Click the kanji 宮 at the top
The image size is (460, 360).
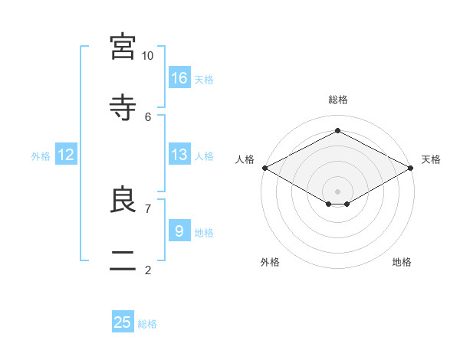123,46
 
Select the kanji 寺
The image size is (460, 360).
123,107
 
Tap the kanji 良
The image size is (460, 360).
123,199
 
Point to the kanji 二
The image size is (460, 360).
123,260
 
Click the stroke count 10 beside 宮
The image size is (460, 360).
147,56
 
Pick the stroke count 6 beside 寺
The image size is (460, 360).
148,117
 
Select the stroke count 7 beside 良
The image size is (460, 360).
148,209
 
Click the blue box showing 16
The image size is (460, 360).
179,77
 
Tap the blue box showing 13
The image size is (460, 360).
179,154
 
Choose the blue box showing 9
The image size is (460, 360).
179,230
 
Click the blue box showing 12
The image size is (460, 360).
66,154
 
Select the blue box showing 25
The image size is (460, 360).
123,321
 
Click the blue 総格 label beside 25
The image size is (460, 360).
147,324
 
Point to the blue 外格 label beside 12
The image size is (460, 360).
41,156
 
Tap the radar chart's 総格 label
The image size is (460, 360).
338,100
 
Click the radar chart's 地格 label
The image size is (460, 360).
402,262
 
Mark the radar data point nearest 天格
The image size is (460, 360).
411,168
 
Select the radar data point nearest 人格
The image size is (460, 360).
265,168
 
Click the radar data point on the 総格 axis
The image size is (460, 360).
337,130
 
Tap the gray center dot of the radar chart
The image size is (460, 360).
337,191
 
